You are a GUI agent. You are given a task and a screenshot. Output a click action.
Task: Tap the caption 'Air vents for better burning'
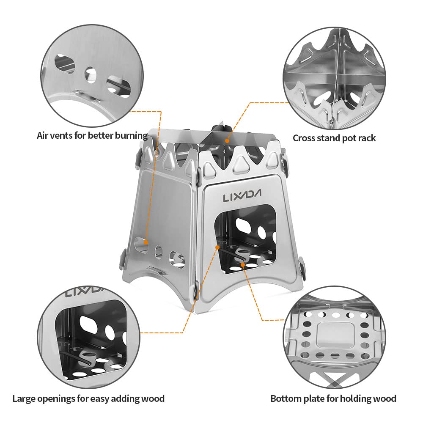point(92,136)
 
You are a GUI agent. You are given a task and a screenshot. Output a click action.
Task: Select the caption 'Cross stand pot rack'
point(334,138)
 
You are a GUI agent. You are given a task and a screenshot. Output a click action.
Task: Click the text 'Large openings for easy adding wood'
point(88,398)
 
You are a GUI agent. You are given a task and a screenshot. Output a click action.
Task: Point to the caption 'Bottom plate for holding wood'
point(333,398)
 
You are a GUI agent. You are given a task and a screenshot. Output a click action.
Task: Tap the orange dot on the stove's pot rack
point(227,140)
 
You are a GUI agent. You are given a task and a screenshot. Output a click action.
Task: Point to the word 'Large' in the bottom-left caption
point(24,398)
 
